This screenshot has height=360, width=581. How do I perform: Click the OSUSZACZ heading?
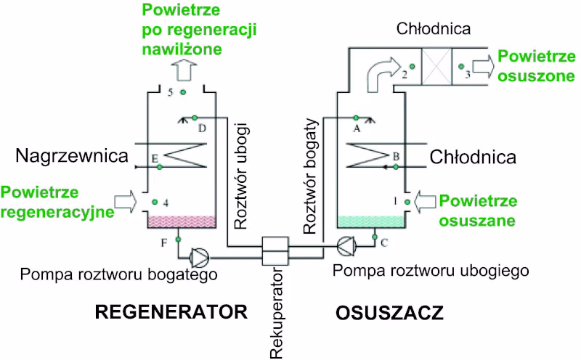(389, 314)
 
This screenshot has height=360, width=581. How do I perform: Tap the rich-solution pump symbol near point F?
(198, 255)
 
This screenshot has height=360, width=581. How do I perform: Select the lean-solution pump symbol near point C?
(346, 249)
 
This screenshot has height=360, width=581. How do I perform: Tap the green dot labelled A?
(356, 117)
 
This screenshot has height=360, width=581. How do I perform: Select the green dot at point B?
(395, 166)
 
